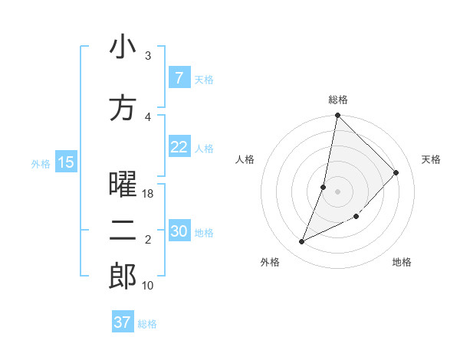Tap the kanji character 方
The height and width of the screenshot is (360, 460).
(x=123, y=108)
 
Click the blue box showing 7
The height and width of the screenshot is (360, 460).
(x=179, y=78)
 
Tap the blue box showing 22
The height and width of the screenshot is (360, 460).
(x=179, y=147)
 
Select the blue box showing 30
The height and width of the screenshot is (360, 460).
(x=179, y=231)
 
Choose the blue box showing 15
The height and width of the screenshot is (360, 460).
(x=66, y=162)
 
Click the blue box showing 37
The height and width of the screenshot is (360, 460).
(x=122, y=322)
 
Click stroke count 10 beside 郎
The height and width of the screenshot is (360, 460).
(x=148, y=286)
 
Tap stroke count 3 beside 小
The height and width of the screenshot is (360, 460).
(x=148, y=56)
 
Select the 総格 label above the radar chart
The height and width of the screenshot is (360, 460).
(x=338, y=100)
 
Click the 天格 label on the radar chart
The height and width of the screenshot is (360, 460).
(x=431, y=159)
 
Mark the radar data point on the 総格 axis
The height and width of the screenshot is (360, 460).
(x=337, y=116)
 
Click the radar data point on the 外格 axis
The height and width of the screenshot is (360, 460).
(x=302, y=242)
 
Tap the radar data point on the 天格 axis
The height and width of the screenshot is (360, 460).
(x=396, y=172)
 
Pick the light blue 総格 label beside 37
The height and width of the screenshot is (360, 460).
(x=147, y=324)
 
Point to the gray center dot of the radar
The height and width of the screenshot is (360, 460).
(x=337, y=191)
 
